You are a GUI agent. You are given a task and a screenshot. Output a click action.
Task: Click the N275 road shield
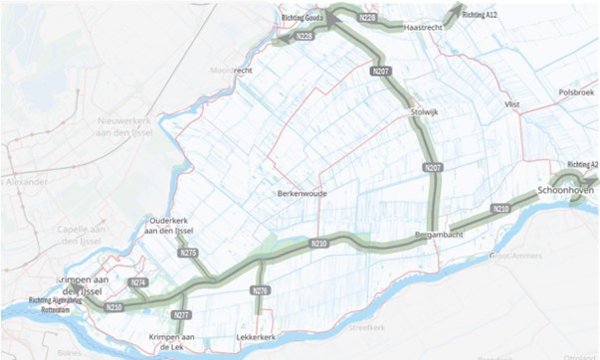coord(189,255)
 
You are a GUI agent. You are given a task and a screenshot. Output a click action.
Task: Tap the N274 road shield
coord(139,283)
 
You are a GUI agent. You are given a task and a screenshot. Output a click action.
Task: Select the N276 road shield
coord(260,290)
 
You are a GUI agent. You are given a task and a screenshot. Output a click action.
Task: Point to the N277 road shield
coord(181,315)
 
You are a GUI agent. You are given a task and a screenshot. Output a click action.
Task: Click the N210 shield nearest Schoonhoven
coord(500,209)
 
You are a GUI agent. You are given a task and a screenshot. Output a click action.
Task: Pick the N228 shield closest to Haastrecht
coord(367,19)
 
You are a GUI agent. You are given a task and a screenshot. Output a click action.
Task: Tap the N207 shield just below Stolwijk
coord(433,169)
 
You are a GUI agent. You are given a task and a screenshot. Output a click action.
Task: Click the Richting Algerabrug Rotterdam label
coord(52,302)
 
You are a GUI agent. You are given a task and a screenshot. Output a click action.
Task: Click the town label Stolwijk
coord(424,113)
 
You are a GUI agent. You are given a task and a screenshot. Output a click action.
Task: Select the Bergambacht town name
coord(440,236)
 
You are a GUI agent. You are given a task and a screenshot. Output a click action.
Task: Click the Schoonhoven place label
coord(565,189)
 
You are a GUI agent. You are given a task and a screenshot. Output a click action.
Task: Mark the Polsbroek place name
coord(575,91)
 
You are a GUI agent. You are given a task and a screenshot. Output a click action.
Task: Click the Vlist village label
coord(512,103)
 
